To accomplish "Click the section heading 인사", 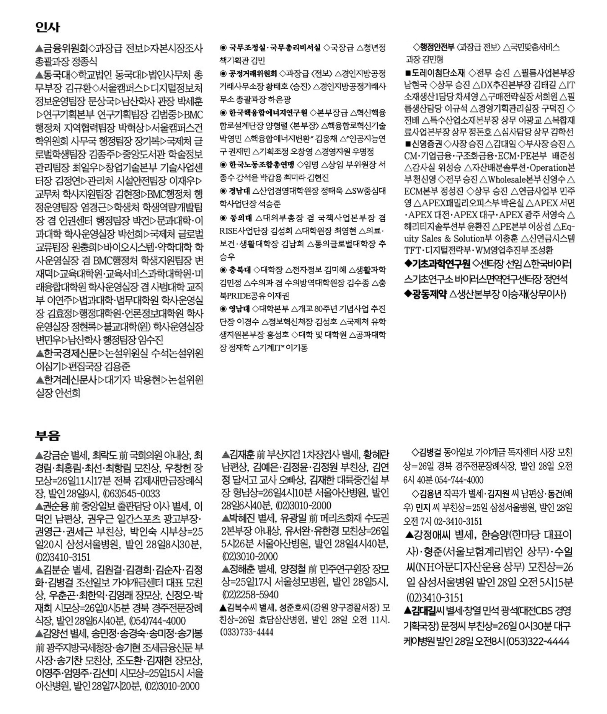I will tap(47, 27).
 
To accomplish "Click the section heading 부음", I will tap(47, 435).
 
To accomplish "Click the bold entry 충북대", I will tap(240, 270).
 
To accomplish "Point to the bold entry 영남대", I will tap(240, 309).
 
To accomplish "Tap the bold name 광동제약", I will tap(429, 294).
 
